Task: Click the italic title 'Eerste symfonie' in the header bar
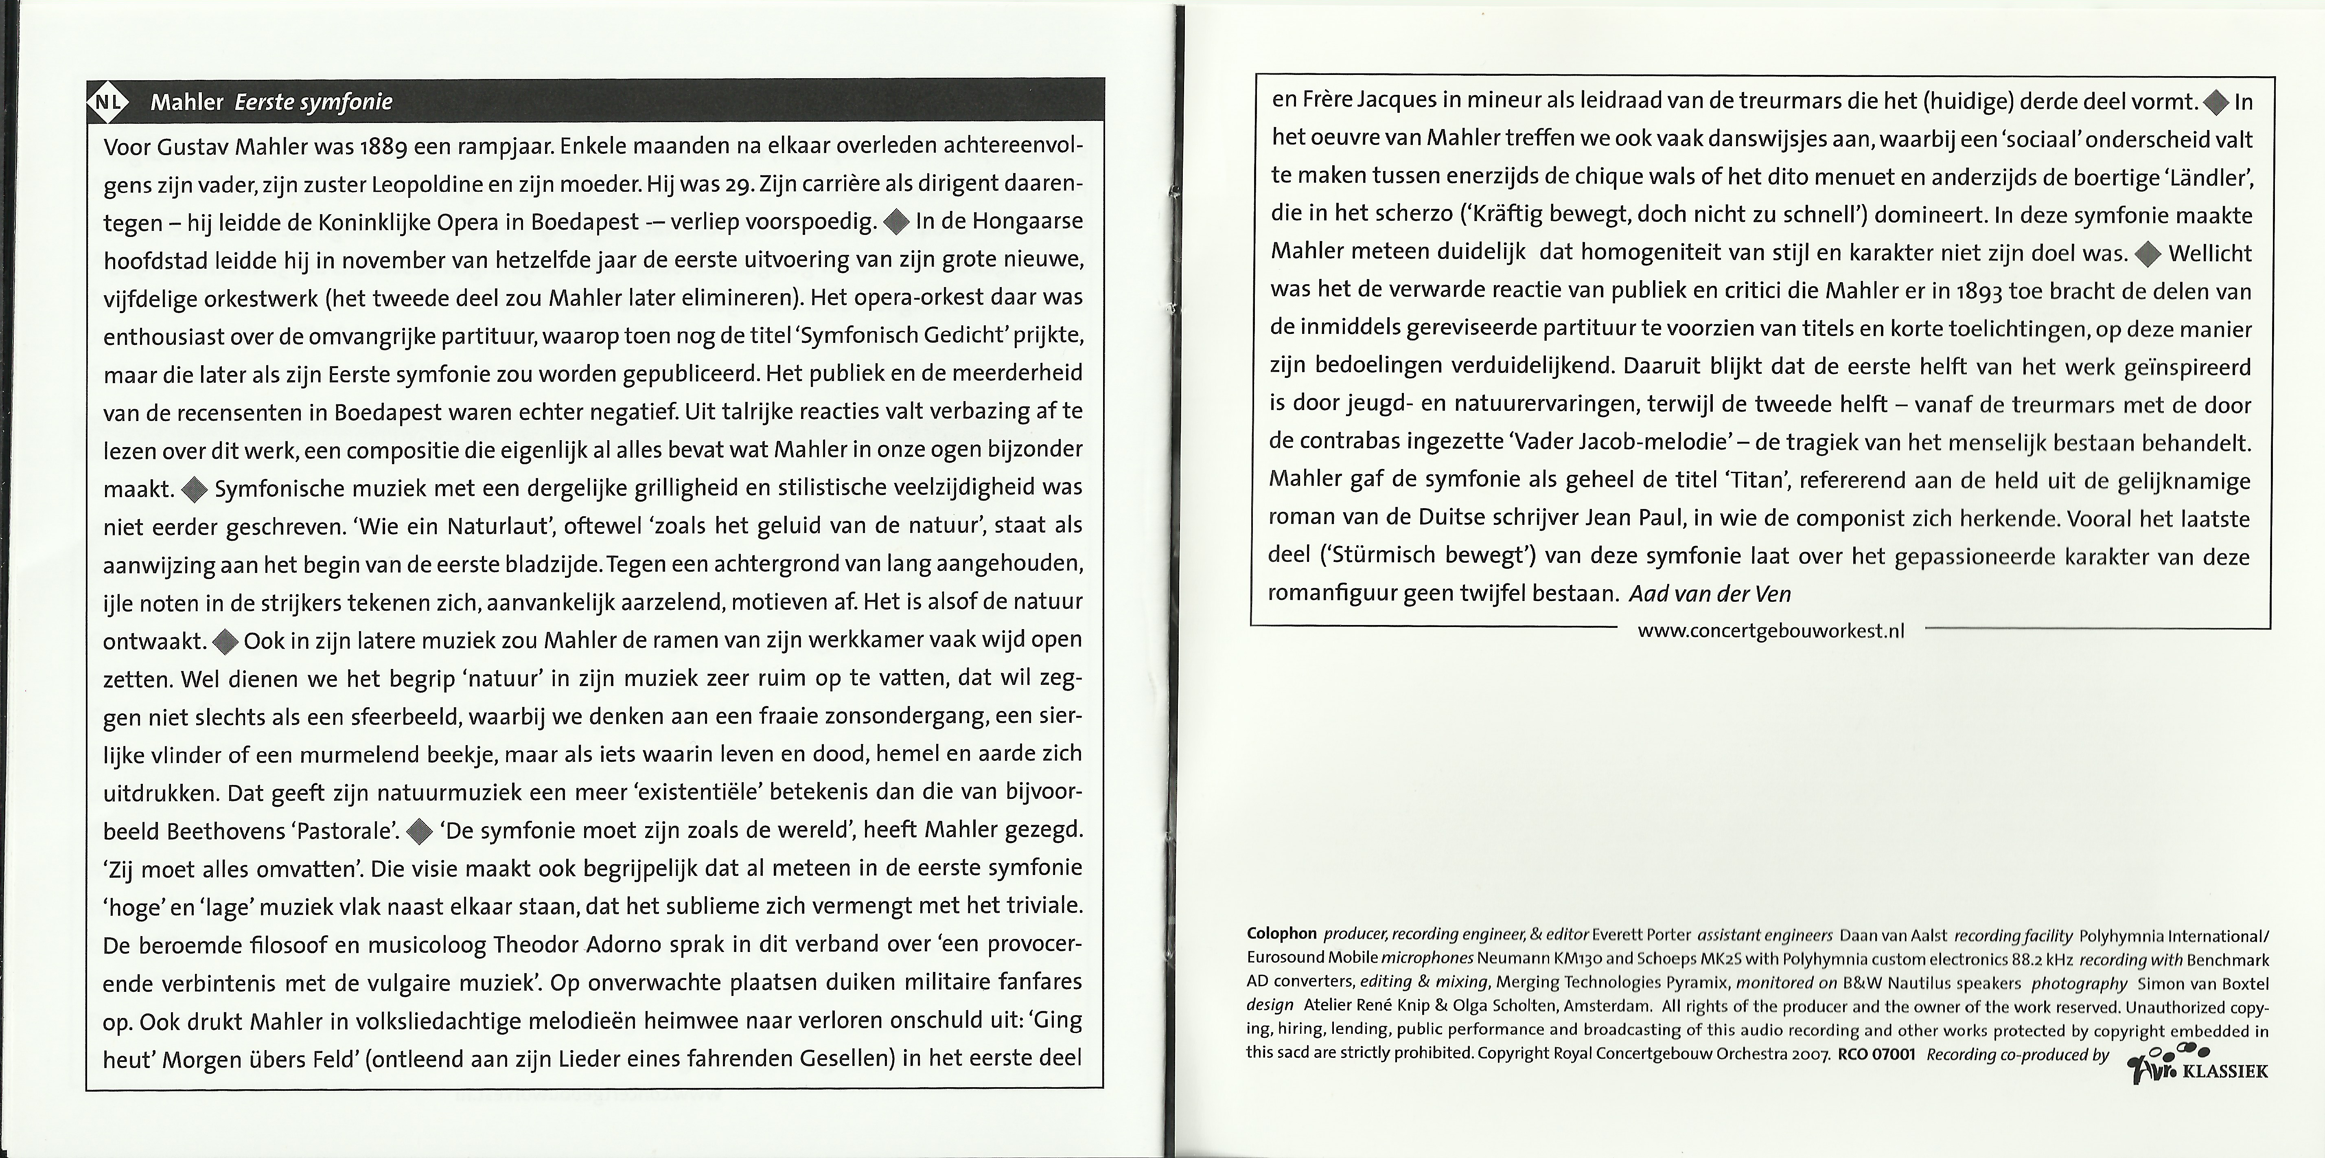click(313, 102)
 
